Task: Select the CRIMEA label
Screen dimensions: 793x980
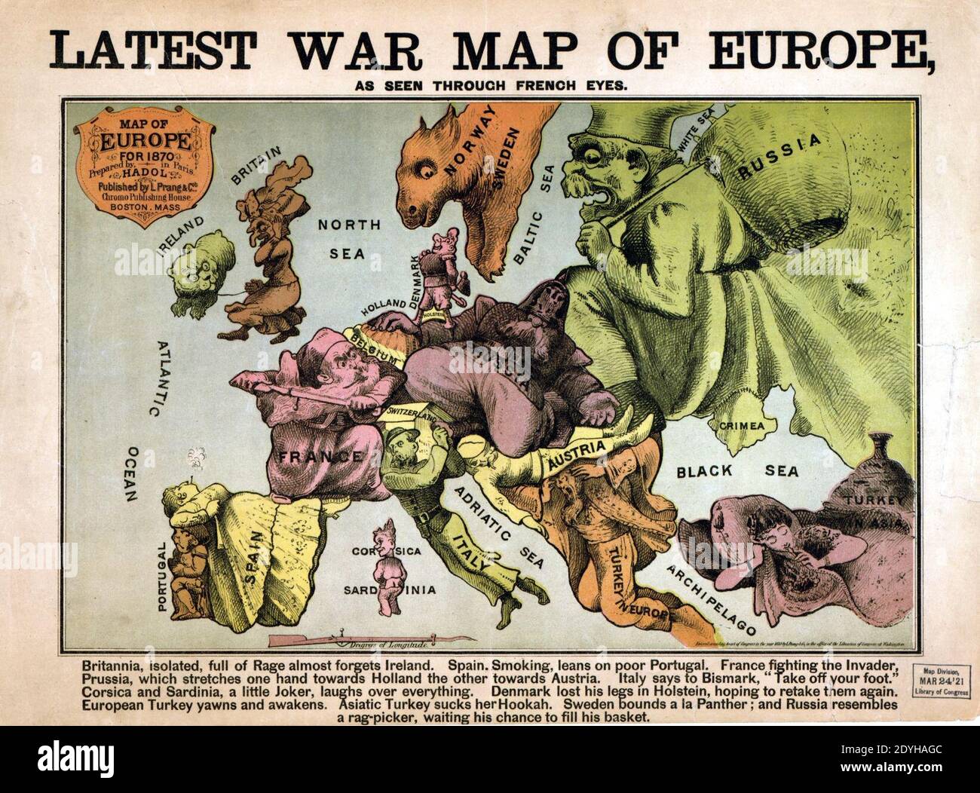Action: [x=742, y=425]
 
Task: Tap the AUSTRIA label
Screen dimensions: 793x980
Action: [x=577, y=454]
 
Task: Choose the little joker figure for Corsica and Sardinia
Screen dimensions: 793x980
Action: [x=389, y=565]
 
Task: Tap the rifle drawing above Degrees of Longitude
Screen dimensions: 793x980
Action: [x=317, y=641]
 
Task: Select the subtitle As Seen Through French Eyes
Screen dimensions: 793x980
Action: [x=490, y=85]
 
